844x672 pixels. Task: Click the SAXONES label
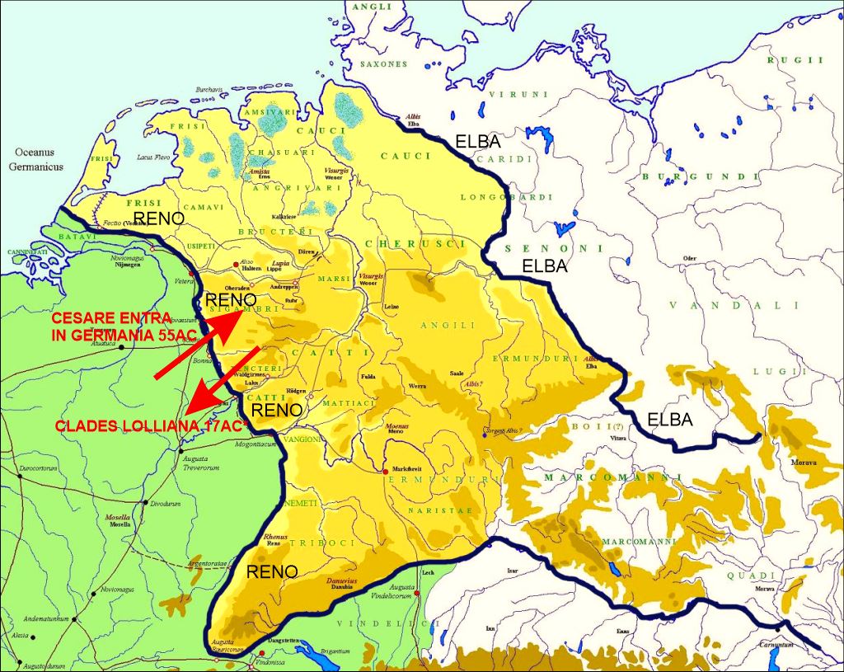pyautogui.click(x=382, y=63)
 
